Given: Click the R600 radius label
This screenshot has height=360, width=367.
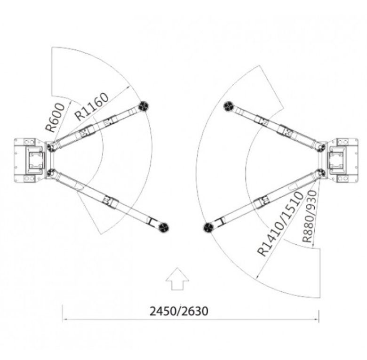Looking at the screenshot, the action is [x=55, y=117].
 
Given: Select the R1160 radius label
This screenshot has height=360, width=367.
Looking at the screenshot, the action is [x=92, y=106].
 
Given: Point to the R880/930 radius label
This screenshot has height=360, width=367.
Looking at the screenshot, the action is [x=310, y=216].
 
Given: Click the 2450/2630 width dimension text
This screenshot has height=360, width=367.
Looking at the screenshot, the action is [x=179, y=312].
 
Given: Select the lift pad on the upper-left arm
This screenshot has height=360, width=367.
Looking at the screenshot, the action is [x=144, y=106].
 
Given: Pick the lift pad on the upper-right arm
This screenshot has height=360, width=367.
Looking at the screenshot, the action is [x=229, y=107].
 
